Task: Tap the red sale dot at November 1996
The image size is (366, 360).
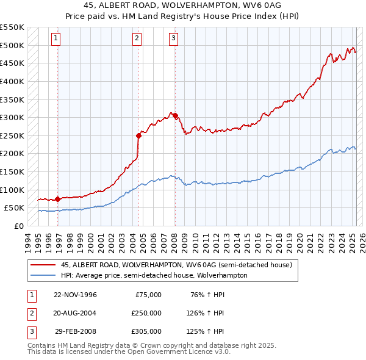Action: (x=57, y=199)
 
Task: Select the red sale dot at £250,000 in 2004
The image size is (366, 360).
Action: (x=139, y=135)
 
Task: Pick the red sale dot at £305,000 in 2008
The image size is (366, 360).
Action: (x=175, y=115)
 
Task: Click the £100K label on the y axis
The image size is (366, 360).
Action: (x=13, y=190)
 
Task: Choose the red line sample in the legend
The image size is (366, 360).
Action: (x=43, y=265)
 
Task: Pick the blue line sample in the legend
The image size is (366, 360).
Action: (x=43, y=275)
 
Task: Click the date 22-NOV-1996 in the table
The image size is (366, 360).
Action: (x=75, y=295)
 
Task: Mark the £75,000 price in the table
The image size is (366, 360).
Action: (x=149, y=295)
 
